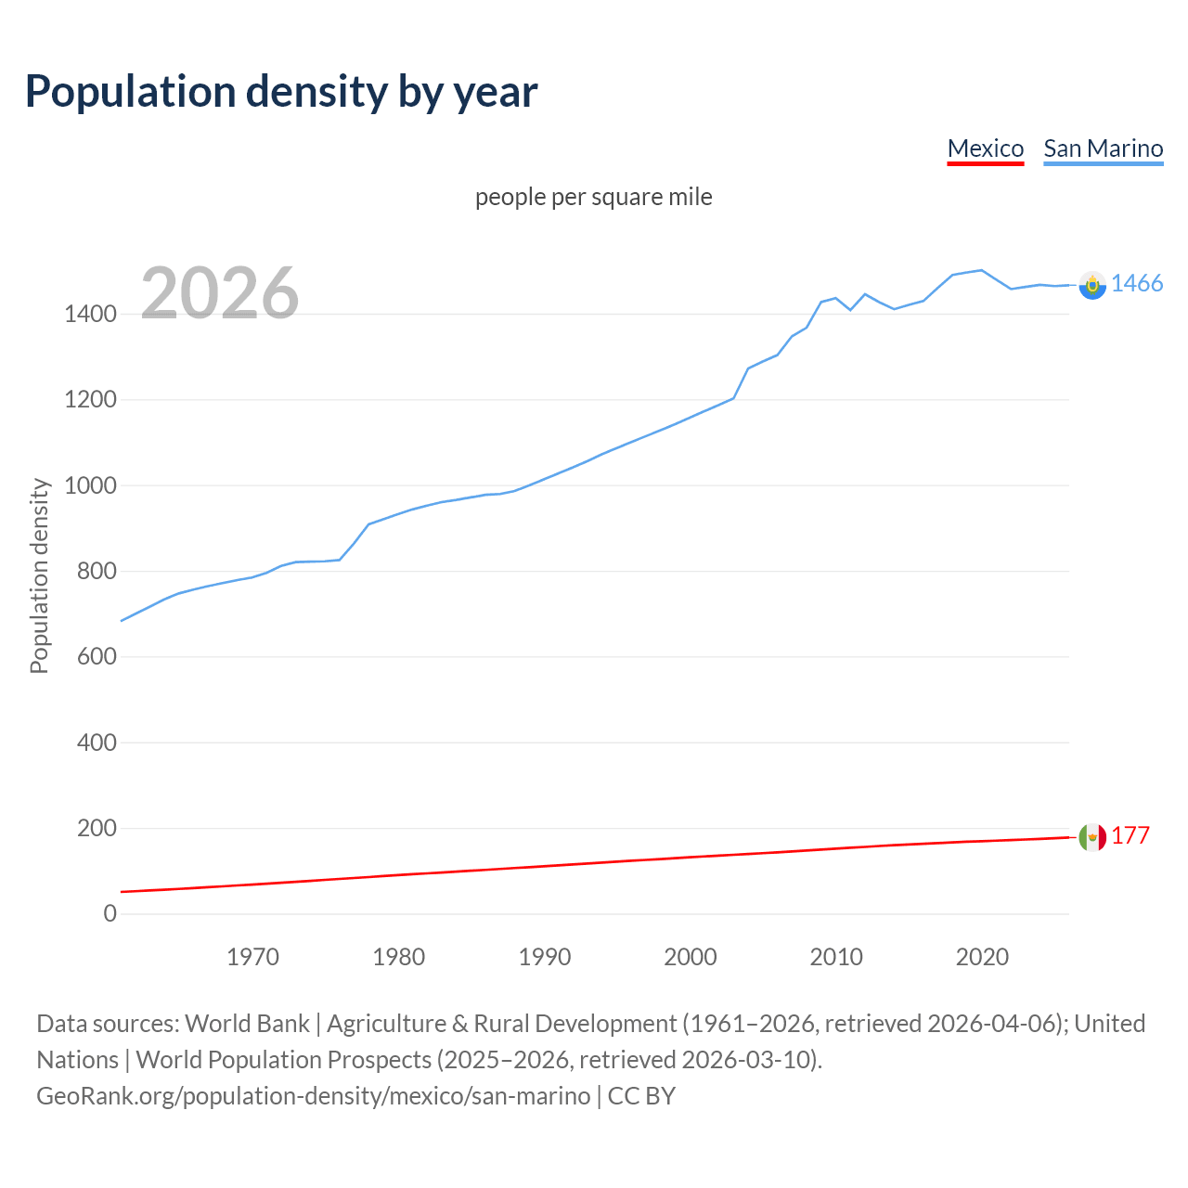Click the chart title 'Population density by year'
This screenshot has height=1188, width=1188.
point(281,92)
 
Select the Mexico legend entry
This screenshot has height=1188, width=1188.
point(985,148)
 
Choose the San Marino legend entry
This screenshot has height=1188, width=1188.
point(1103,148)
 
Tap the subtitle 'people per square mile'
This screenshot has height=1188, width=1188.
point(593,198)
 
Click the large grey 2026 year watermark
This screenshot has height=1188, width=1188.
point(220,293)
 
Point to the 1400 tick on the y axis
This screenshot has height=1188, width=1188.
point(90,315)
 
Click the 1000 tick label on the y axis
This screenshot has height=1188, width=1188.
point(90,485)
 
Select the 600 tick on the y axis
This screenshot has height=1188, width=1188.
point(97,657)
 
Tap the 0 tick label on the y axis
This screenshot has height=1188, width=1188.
point(110,914)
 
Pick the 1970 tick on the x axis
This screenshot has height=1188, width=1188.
point(252,957)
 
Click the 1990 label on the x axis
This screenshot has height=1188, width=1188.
point(545,957)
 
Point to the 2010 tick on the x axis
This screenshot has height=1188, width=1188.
point(836,957)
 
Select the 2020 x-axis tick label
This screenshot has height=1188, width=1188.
point(982,957)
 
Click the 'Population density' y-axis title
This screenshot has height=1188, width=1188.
point(39,575)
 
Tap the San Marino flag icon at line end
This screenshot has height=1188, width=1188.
point(1092,285)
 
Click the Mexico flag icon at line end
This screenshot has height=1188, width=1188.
point(1092,837)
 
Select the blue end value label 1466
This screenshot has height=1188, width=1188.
point(1137,284)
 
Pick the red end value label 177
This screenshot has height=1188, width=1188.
point(1130,836)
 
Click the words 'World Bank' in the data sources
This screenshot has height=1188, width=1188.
point(247,1024)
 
